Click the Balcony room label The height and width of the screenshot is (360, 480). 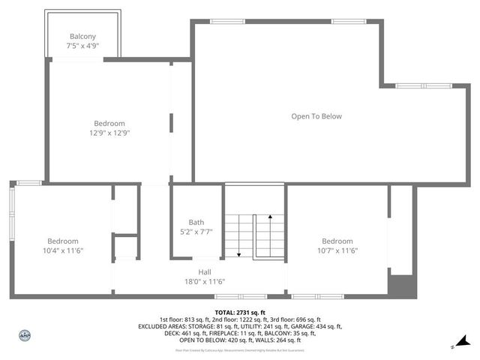pos(82,36)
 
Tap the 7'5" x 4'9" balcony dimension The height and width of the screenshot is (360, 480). pos(82,46)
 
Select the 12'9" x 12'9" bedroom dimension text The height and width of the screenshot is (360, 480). pos(109,133)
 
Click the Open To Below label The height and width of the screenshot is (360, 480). pos(316,116)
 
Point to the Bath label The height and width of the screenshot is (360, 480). pos(196,222)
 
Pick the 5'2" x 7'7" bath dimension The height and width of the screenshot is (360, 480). pos(196,232)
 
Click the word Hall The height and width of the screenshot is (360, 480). pos(205,271)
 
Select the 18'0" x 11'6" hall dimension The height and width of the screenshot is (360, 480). pos(205,281)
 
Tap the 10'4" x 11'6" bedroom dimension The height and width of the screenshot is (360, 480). pos(63,250)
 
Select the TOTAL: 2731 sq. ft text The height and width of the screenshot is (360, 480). pos(240,312)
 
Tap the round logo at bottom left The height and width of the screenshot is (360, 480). pos(24,335)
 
